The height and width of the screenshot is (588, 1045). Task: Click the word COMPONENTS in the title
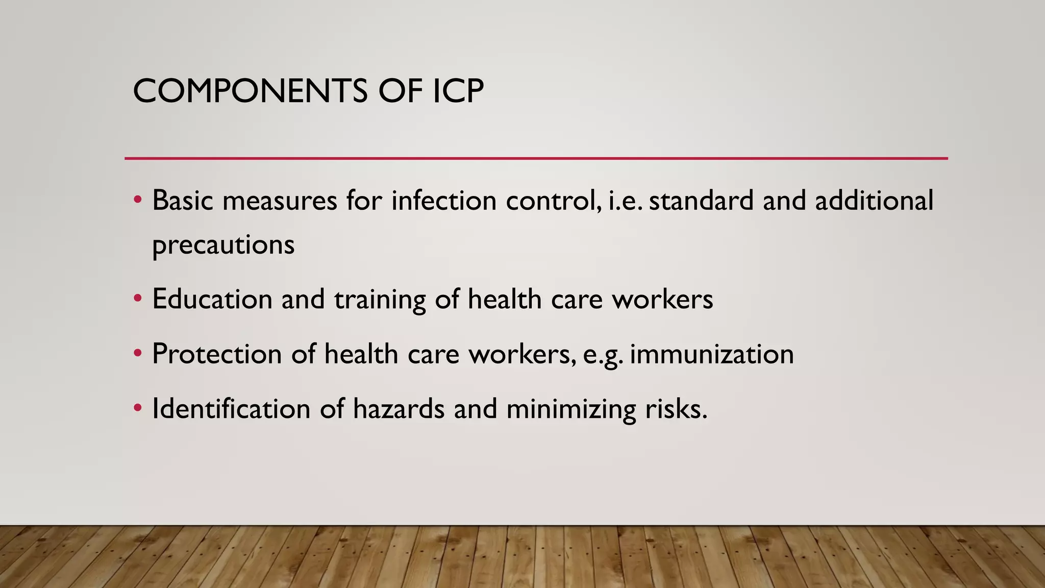click(x=250, y=91)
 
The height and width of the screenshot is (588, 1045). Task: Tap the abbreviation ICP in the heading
click(x=458, y=91)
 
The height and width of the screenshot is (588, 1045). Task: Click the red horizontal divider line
click(x=536, y=158)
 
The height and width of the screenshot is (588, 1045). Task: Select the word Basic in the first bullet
click(x=182, y=200)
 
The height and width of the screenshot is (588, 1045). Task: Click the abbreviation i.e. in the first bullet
click(x=626, y=200)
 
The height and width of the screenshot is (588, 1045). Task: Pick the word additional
click(x=874, y=200)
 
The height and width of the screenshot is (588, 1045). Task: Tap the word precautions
click(x=223, y=245)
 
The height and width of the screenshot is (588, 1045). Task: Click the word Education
click(x=212, y=299)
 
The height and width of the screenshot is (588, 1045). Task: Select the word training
click(x=380, y=300)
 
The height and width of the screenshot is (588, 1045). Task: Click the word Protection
click(x=217, y=354)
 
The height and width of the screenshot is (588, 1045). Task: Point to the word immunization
click(x=712, y=354)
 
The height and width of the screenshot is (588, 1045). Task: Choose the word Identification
click(x=231, y=409)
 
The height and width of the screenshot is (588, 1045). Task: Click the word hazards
click(x=399, y=409)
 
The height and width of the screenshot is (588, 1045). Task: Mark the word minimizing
click(x=571, y=410)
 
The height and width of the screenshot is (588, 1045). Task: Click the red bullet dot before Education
click(x=137, y=298)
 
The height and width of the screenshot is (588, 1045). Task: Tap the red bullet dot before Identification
click(x=137, y=408)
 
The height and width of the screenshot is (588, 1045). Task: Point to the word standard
click(x=701, y=200)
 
